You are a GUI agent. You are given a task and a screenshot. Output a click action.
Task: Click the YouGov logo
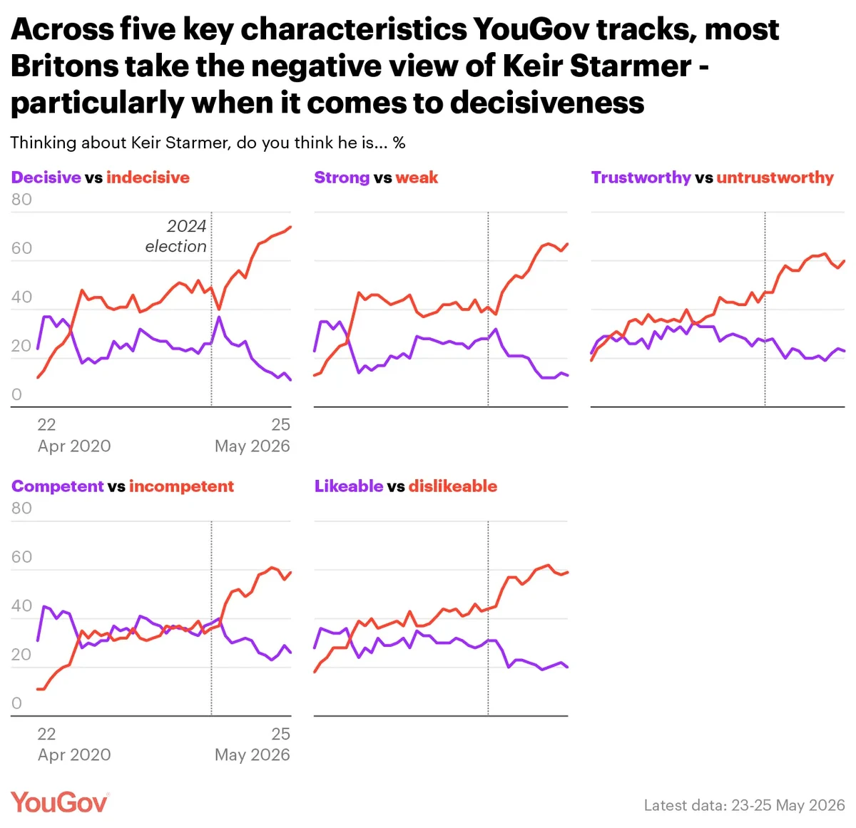(60, 802)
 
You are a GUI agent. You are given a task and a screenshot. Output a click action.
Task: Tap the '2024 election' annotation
(176, 236)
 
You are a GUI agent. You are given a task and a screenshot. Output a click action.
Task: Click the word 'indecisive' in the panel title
(148, 177)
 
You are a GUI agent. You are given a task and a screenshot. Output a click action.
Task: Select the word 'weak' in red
(417, 177)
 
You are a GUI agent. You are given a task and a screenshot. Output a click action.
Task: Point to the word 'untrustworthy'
(775, 178)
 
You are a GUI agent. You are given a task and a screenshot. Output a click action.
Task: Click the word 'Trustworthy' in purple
(641, 178)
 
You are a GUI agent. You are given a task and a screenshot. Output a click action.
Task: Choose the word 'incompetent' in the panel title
(181, 486)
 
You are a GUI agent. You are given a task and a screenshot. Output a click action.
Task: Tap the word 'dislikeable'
(453, 486)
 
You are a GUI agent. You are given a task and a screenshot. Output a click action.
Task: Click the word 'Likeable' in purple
(349, 486)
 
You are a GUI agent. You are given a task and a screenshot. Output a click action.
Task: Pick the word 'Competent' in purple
(58, 486)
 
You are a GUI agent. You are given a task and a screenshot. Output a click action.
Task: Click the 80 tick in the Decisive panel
(21, 200)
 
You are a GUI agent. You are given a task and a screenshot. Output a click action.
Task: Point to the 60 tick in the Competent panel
(21, 557)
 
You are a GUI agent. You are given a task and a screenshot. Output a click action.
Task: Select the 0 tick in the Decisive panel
(16, 394)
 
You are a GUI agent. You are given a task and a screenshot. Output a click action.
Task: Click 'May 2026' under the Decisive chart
(252, 446)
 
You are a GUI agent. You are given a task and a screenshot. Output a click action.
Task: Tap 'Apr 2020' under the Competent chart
(74, 755)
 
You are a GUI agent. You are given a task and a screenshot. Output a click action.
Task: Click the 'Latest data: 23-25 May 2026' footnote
(744, 804)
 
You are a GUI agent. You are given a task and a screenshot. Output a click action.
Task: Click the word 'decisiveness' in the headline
(547, 102)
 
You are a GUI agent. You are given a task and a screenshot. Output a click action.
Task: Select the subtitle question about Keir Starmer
(208, 143)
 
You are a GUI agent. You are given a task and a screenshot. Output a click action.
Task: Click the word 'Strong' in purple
(342, 178)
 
